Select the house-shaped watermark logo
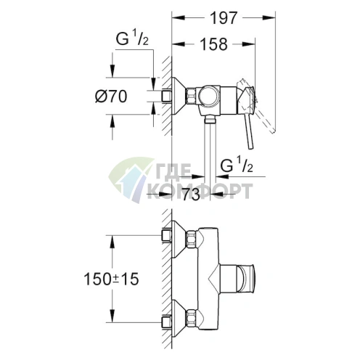point(127,181)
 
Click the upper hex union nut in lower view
point(193,237)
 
